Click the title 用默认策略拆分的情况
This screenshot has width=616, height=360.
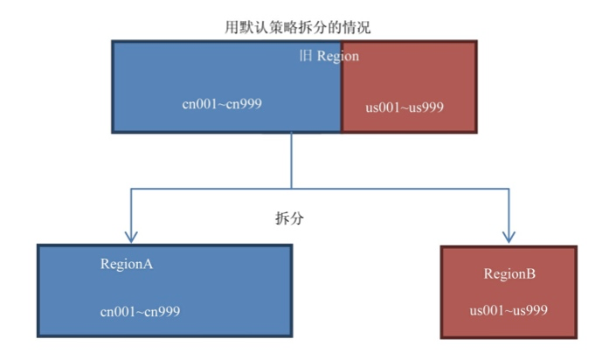pos(297,26)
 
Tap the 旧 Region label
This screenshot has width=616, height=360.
pos(329,56)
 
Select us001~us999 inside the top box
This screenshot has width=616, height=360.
pos(405,107)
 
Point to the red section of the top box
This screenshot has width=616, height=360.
pos(409,86)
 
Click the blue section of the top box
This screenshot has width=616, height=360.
pos(226,86)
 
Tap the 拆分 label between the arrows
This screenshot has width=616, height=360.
pos(288,218)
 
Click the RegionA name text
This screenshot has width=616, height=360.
pos(127,264)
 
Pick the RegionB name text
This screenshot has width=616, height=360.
pos(509,274)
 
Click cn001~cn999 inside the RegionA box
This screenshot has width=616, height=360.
pos(141,310)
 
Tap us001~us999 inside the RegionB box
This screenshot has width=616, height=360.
pos(509,310)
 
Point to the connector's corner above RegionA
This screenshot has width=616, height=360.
pos(131,187)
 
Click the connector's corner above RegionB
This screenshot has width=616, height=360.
pos(509,187)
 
